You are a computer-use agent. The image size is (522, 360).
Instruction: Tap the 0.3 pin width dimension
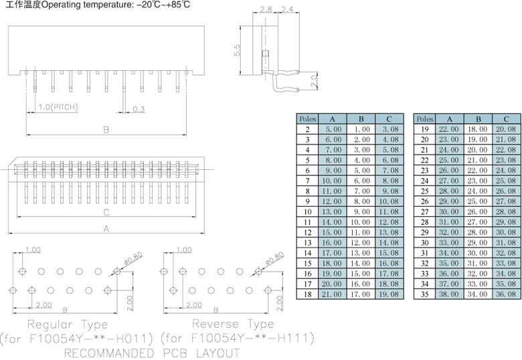139,109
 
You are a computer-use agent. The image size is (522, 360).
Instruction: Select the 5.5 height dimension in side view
238,51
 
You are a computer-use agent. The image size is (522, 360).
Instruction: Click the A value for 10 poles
333,211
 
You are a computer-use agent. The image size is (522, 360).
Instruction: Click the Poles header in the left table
307,118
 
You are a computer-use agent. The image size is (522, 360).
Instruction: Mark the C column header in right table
506,118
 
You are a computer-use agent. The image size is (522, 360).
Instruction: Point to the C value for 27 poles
506,211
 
